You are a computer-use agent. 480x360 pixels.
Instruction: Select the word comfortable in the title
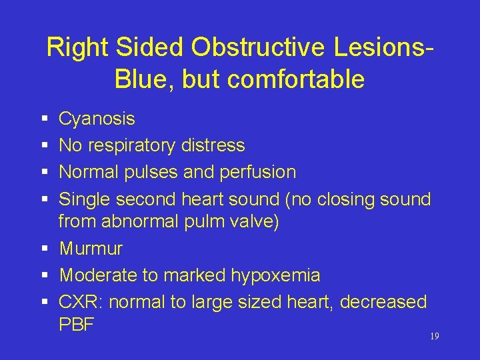pos(296,79)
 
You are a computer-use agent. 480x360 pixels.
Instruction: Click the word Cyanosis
pos(97,119)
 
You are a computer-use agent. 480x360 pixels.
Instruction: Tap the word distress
pos(213,145)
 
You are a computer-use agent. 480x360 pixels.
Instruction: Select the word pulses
pos(154,172)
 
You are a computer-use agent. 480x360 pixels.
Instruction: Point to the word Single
pos(85,199)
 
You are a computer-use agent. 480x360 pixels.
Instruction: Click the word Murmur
pos(91,249)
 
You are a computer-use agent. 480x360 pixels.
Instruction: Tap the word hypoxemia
pos(275,275)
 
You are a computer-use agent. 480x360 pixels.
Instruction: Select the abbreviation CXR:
pos(81,302)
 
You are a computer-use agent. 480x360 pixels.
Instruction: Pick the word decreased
pos(383,302)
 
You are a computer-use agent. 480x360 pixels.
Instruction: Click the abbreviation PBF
pos(77,325)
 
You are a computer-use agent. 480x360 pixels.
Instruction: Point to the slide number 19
pos(434,337)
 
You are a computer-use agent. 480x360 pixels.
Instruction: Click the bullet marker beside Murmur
pos(43,249)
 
